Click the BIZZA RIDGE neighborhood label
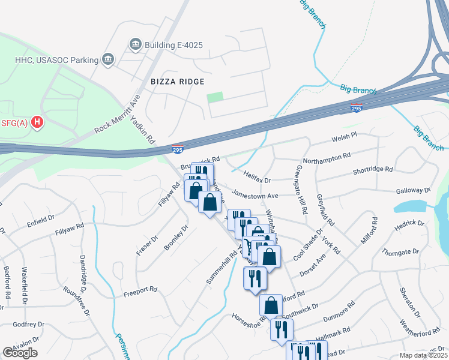pos(178,81)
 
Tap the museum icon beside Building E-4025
pos(135,44)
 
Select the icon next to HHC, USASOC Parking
pos(108,59)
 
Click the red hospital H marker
pos(38,123)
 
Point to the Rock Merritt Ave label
pos(117,113)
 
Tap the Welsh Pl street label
pos(345,138)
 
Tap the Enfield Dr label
pos(41,223)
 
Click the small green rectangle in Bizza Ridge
pos(214,97)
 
